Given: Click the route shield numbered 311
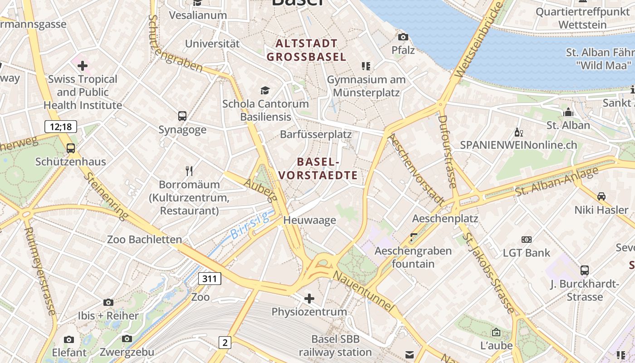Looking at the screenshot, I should coord(209,278).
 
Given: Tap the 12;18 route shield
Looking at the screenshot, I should coord(61,127).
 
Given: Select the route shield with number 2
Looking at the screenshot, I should coord(224,343).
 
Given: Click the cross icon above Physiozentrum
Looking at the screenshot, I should coord(309,298).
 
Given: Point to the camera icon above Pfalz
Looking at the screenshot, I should coord(403,37).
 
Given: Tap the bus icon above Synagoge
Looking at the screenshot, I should coord(182,116).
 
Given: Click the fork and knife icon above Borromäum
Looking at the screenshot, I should coord(189,171).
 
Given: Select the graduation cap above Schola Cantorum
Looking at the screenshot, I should coord(265,90).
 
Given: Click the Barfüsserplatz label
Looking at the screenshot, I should coord(316,134).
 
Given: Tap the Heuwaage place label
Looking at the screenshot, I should coord(309,220).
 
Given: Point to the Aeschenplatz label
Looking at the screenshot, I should coord(445,218).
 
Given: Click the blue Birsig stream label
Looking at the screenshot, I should coord(250,226).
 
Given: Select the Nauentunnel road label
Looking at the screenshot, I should coord(363,290).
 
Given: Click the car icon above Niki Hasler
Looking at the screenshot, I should coord(601,196).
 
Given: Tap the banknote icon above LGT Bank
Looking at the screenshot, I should coord(527,239).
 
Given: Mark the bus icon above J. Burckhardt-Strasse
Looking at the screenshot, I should coord(585,270).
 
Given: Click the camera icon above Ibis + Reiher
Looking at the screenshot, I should coord(108,302).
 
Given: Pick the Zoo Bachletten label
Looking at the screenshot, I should coord(144,239).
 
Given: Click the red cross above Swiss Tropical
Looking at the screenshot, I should coord(83,66).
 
